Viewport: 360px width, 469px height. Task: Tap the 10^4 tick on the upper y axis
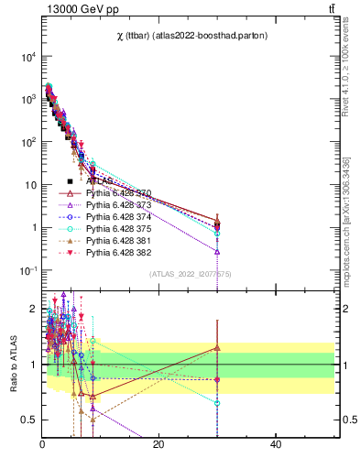[x=29, y=57]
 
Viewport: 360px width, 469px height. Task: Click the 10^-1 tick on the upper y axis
[x=28, y=270]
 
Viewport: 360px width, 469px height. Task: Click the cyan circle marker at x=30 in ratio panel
[x=217, y=402]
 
